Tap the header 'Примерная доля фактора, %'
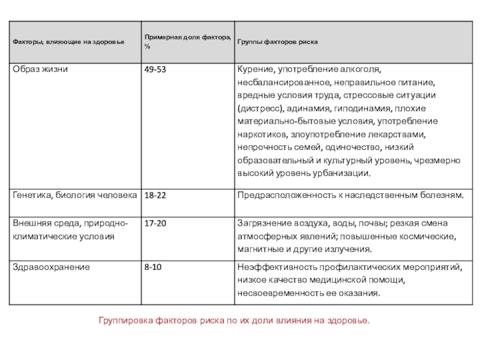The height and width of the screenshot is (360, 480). click(x=187, y=42)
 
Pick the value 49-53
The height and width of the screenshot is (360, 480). click(x=155, y=70)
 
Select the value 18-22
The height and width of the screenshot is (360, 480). click(x=155, y=196)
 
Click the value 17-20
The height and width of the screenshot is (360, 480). click(x=155, y=223)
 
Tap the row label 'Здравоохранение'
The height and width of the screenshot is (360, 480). click(x=51, y=267)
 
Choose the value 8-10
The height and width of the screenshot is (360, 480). click(x=152, y=267)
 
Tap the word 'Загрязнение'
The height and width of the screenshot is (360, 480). click(x=264, y=223)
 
